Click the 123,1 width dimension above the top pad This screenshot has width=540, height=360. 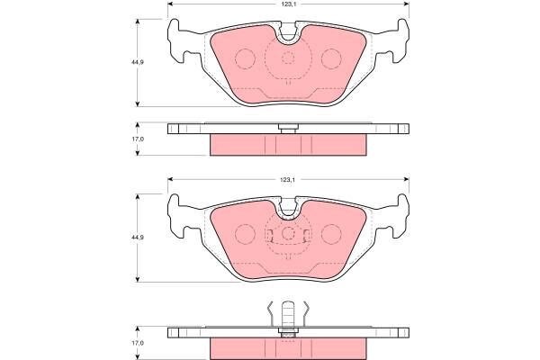[x=288, y=4]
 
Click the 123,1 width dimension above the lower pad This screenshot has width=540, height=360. [x=288, y=180]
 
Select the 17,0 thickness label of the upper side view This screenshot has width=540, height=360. [x=137, y=139]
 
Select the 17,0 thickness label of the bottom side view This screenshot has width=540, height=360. [x=137, y=343]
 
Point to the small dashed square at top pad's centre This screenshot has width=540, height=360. [x=288, y=58]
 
